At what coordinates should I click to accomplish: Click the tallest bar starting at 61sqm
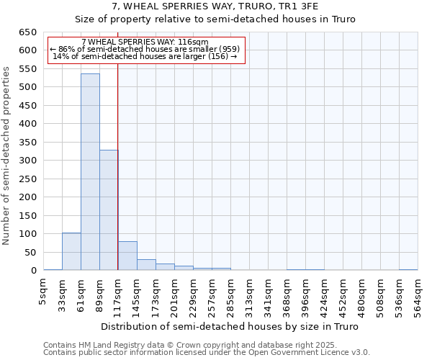pyautogui.click(x=90, y=172)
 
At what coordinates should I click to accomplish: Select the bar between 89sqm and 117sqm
pyautogui.click(x=109, y=210)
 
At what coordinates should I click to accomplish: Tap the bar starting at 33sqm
pyautogui.click(x=71, y=251)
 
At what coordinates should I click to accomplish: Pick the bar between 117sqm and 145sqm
pyautogui.click(x=127, y=256)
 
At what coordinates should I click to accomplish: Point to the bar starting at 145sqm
pyautogui.click(x=146, y=265)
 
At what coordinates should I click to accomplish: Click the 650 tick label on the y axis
pyautogui.click(x=27, y=32)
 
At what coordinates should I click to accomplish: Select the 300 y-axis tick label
pyautogui.click(x=27, y=161)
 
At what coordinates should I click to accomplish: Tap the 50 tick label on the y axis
pyautogui.click(x=30, y=253)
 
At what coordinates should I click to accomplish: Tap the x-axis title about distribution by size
pyautogui.click(x=230, y=326)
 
